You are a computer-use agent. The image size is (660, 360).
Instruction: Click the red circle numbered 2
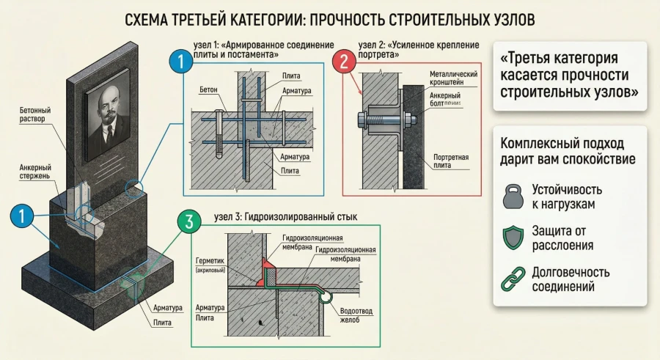[x=342, y=62]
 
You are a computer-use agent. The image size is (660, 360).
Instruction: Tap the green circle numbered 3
[x=189, y=222]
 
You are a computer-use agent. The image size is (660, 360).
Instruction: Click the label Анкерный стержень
[x=35, y=172]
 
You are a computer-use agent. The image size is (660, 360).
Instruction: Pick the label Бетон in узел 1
[x=208, y=89]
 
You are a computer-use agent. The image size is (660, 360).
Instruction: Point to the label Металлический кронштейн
[x=453, y=78]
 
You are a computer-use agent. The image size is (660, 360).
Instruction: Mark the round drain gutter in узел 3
[x=328, y=296]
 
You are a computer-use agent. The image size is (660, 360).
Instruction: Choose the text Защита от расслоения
[x=563, y=238]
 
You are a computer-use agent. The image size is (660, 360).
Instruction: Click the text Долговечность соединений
[x=571, y=281]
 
